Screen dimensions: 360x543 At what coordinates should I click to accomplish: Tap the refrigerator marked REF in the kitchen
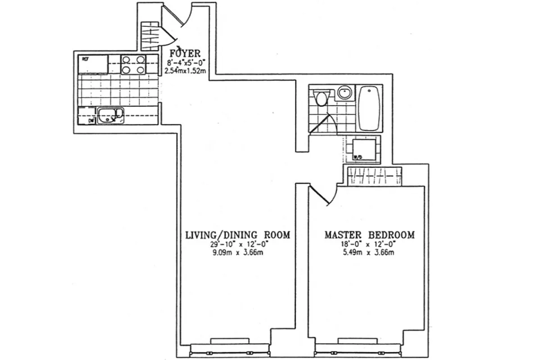click(93, 64)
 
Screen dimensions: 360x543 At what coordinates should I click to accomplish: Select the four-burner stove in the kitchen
click(134, 64)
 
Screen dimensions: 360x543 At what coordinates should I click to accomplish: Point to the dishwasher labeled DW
click(87, 116)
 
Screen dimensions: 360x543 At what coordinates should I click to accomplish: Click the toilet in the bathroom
click(321, 98)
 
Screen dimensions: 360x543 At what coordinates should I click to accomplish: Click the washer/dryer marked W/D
click(363, 149)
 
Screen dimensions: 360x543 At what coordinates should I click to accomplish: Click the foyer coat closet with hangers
click(148, 36)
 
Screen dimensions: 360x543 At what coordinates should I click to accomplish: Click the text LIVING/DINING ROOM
click(237, 235)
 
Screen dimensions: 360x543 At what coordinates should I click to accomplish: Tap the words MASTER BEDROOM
click(369, 235)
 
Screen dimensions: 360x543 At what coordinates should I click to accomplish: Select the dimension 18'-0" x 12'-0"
click(369, 244)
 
